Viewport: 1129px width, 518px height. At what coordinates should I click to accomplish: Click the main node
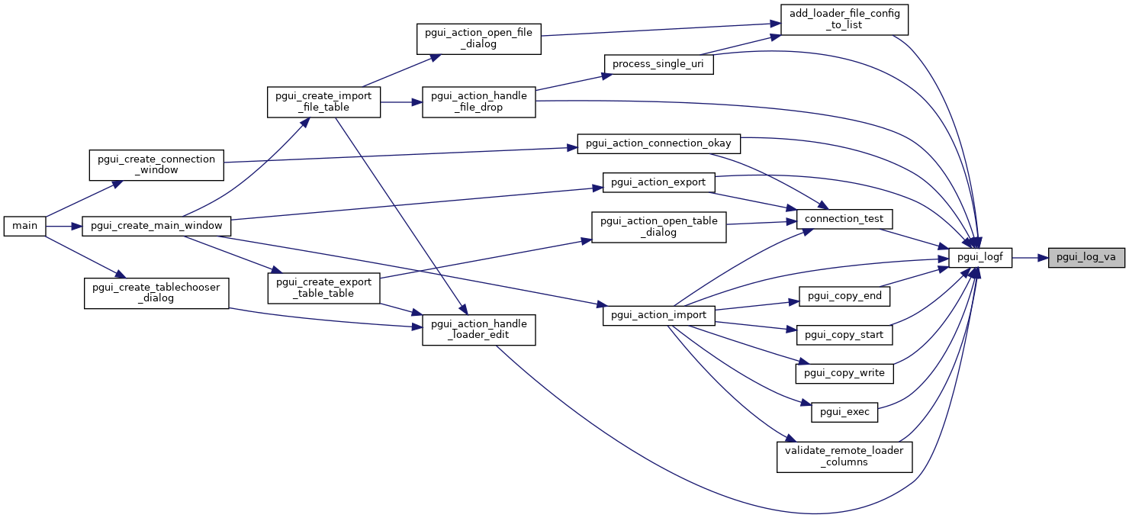click(25, 227)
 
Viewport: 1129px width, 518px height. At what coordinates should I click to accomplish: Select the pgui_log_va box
click(1086, 258)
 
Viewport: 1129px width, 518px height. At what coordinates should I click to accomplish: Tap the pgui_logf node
click(979, 258)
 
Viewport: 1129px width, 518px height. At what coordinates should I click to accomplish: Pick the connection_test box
click(844, 219)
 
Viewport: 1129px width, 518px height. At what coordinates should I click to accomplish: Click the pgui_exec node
click(844, 412)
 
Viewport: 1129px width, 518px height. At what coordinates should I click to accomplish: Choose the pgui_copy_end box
click(844, 295)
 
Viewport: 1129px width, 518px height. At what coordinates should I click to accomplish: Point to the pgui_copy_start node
click(844, 334)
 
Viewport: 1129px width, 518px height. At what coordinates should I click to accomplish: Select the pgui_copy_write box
click(844, 373)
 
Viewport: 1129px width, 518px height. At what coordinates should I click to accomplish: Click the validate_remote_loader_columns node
click(844, 456)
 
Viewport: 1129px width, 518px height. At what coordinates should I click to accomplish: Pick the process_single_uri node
click(658, 64)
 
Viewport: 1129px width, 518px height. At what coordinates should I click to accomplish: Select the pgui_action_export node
click(658, 182)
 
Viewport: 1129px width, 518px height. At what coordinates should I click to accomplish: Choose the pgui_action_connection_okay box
click(658, 143)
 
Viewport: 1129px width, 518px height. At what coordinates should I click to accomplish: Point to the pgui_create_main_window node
click(156, 227)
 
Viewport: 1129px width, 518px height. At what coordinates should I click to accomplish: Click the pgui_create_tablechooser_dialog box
click(156, 292)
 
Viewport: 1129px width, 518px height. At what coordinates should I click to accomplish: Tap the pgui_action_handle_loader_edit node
click(479, 330)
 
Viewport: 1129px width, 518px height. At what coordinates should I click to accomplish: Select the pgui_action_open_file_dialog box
click(479, 38)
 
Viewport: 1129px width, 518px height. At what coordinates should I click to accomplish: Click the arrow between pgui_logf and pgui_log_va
click(1030, 258)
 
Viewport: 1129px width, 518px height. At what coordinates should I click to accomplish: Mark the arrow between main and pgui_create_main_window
click(64, 227)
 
